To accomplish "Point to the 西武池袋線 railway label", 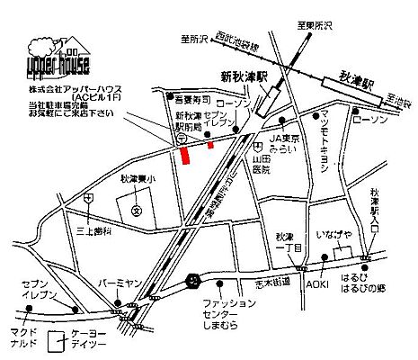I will pyautogui.click(x=237, y=43).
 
